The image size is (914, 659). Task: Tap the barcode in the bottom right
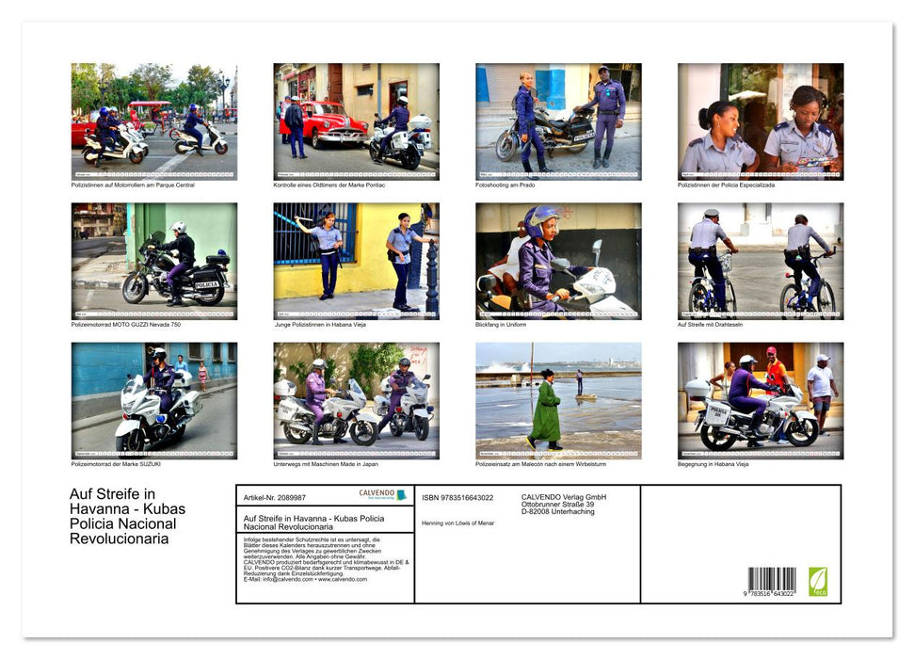772,580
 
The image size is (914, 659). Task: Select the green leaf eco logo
818,580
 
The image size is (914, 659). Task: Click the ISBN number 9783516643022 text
457,497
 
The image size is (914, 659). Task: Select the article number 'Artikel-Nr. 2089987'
274,497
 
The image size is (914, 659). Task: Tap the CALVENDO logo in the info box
382,494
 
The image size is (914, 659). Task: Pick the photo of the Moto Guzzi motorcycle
154,261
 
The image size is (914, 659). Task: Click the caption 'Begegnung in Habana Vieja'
714,463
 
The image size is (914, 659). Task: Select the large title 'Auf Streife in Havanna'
127,516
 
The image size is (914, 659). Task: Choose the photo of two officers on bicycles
760,261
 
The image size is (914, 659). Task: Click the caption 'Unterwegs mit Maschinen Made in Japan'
327,463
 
